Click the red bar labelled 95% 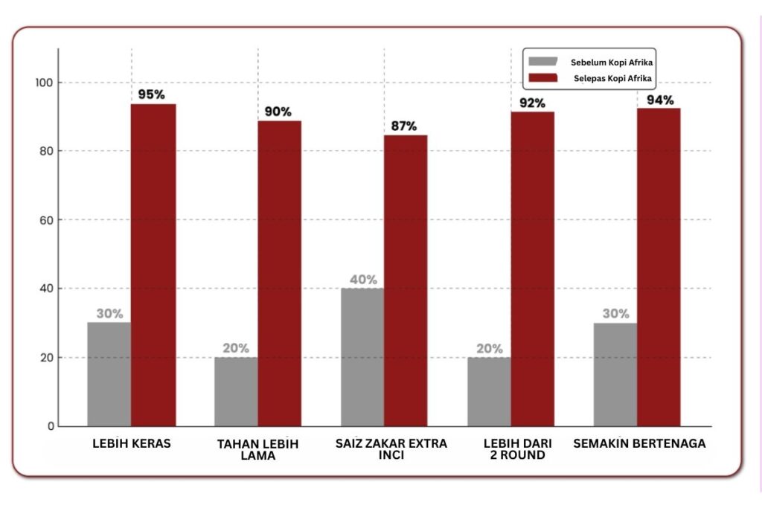pos(153,265)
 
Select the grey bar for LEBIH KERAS pos(109,374)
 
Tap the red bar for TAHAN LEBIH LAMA pos(280,273)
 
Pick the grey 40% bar pos(362,357)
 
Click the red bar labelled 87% pos(406,280)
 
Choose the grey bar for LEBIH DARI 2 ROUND pos(489,391)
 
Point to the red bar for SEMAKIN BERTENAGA pos(659,267)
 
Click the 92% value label pos(533,103)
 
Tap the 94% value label pos(659,100)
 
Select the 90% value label pos(278,112)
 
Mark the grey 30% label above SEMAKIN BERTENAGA pos(615,314)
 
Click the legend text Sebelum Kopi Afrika pos(612,62)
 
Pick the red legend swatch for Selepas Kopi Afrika pos(544,78)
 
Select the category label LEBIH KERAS pos(132,443)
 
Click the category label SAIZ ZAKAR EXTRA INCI pos(391,449)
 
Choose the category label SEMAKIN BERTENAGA pos(639,443)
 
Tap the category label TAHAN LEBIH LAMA pos(258,450)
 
